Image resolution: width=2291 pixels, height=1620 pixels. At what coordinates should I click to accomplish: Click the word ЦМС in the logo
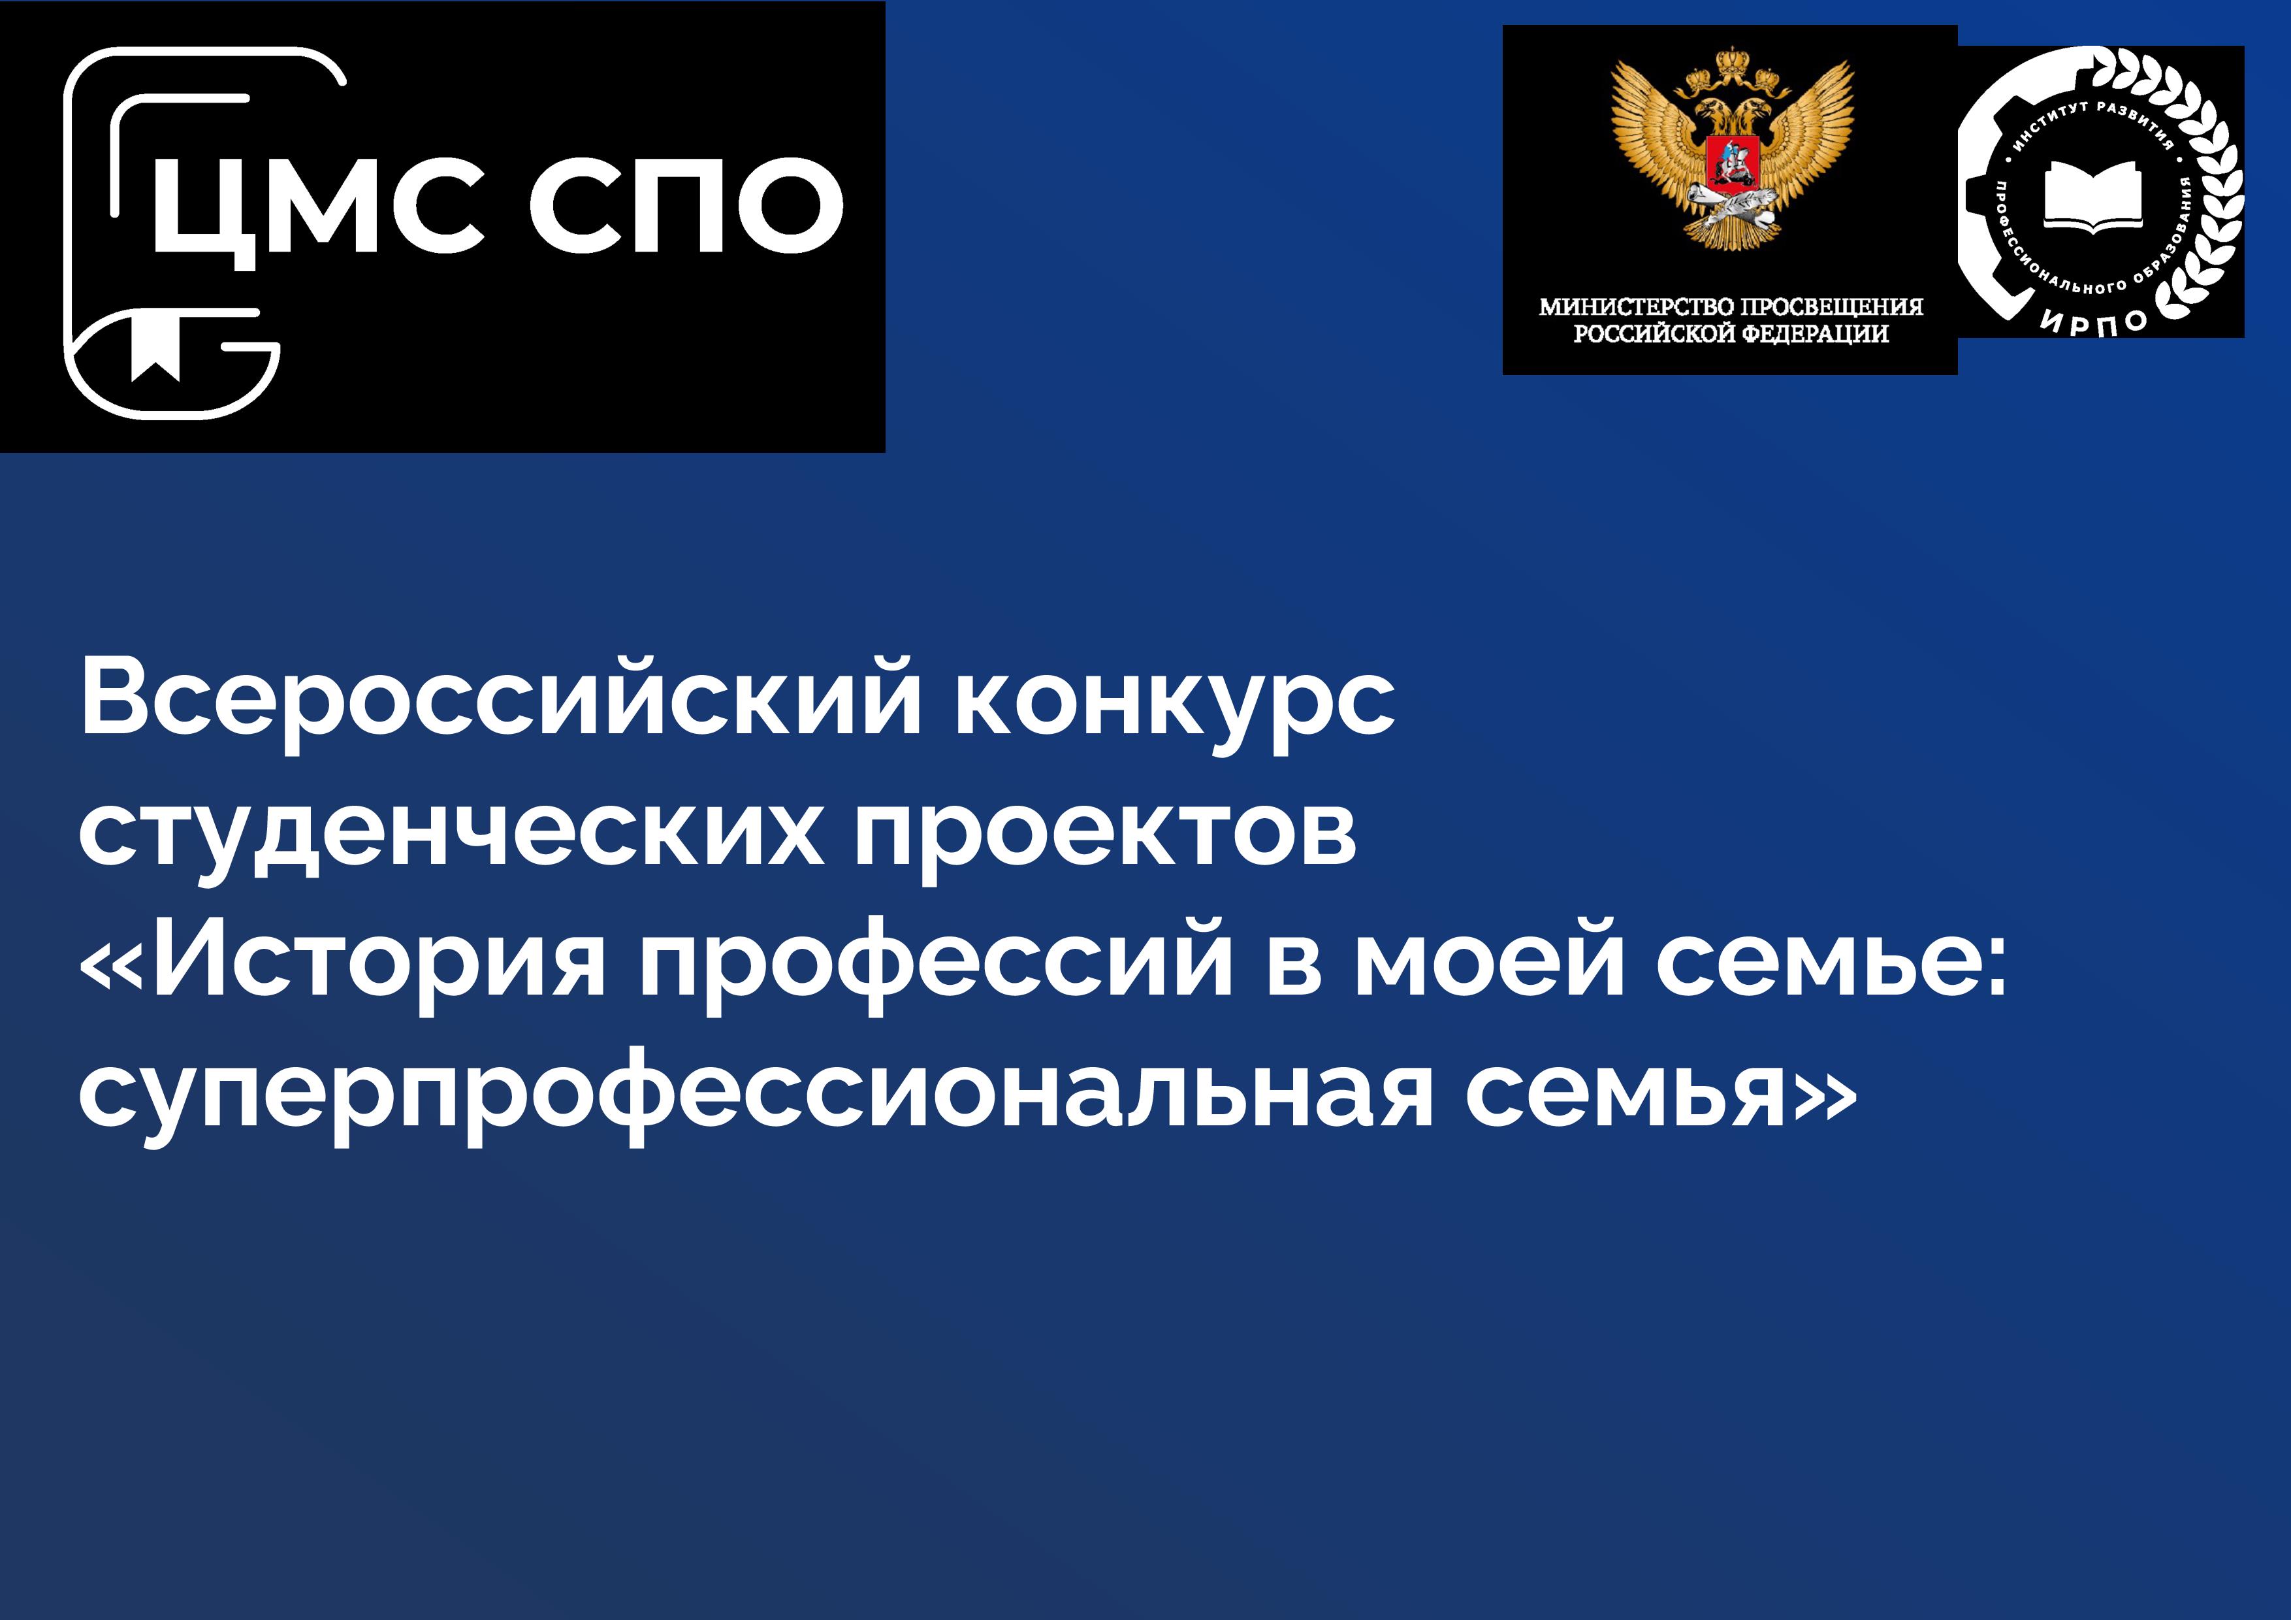tap(317, 210)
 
